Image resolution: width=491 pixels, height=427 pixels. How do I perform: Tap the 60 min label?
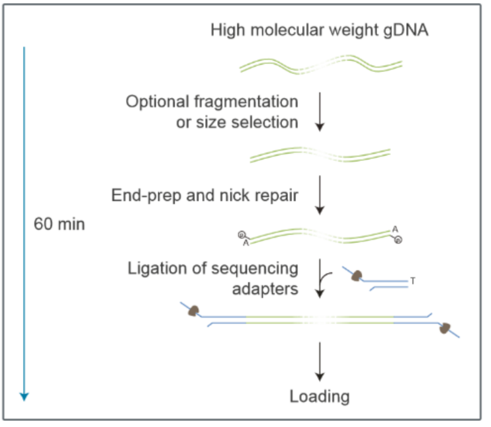coord(59,224)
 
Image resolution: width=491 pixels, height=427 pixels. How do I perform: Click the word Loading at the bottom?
coord(320,397)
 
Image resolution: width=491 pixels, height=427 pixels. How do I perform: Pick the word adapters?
coord(265,289)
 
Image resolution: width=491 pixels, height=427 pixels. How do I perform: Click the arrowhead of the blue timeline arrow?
coord(24,396)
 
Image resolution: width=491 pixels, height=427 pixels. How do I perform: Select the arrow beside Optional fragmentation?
coord(320,112)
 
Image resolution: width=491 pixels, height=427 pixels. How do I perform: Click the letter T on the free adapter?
coord(413,280)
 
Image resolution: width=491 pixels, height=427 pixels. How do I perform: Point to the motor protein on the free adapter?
coord(356,276)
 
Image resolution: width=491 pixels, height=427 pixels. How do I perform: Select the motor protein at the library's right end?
coord(446,328)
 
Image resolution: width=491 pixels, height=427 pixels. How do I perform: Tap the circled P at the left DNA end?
coord(241,235)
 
